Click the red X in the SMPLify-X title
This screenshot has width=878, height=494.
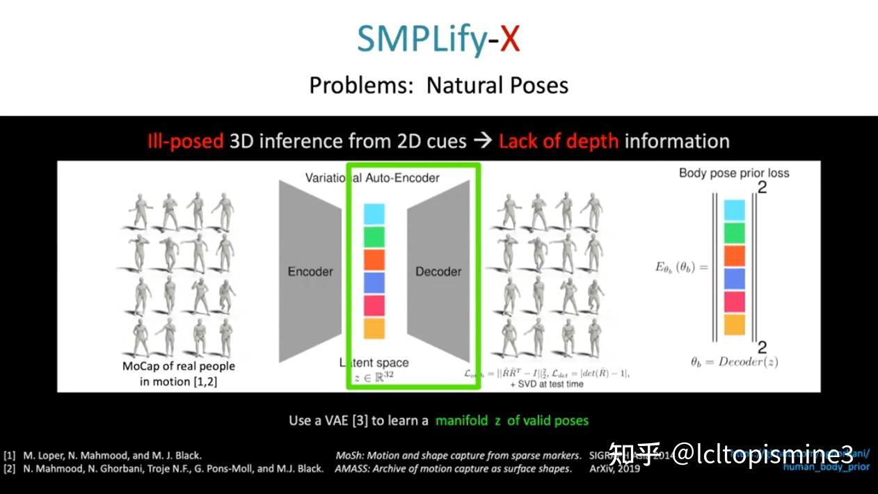pyautogui.click(x=510, y=40)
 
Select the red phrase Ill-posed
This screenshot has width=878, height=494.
pyautogui.click(x=185, y=141)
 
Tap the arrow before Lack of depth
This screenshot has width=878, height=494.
pyautogui.click(x=482, y=141)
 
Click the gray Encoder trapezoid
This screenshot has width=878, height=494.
pyautogui.click(x=310, y=271)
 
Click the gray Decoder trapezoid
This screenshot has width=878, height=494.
pyautogui.click(x=438, y=271)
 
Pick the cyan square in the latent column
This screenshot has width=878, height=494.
pyautogui.click(x=374, y=214)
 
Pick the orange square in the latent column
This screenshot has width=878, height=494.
pyautogui.click(x=374, y=260)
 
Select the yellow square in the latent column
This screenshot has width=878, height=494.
pyautogui.click(x=374, y=328)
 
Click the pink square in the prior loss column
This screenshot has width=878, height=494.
pyautogui.click(x=734, y=301)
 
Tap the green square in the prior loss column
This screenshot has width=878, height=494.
pyautogui.click(x=734, y=233)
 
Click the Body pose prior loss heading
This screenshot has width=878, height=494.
pyautogui.click(x=734, y=173)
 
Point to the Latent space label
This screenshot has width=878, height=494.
pyautogui.click(x=374, y=362)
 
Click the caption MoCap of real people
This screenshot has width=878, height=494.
pyautogui.click(x=179, y=366)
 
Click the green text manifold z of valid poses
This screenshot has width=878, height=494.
pyautogui.click(x=512, y=420)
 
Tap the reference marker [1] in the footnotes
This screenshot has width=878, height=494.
pyautogui.click(x=9, y=455)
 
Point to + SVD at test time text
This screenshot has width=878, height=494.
pyautogui.click(x=547, y=384)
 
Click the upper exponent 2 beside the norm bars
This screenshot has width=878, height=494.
pyautogui.click(x=762, y=186)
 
